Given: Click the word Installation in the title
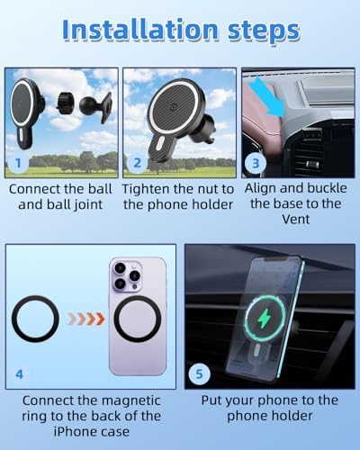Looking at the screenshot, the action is pyautogui.click(x=140, y=30).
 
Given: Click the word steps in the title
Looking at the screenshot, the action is pyautogui.click(x=264, y=31).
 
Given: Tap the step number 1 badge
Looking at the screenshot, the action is pyautogui.click(x=18, y=163).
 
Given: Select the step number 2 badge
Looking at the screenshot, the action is pyautogui.click(x=137, y=163).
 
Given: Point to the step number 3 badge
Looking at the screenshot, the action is pyautogui.click(x=256, y=163).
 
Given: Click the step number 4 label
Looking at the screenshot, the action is pyautogui.click(x=19, y=374).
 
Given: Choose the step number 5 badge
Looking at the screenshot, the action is pyautogui.click(x=199, y=373).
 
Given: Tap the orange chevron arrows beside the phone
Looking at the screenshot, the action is pyautogui.click(x=86, y=319).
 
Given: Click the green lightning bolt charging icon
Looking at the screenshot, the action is pyautogui.click(x=264, y=319).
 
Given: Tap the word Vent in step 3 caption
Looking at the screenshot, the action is pyautogui.click(x=295, y=219).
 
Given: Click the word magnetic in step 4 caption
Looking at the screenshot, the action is pyautogui.click(x=132, y=400).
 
